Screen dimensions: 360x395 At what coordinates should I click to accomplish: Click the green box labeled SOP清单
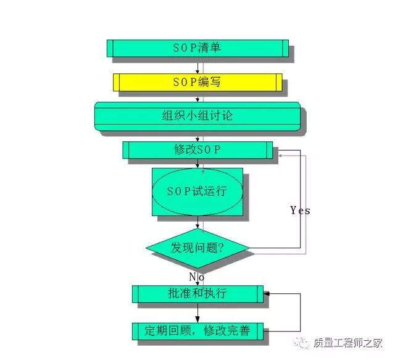point(197,49)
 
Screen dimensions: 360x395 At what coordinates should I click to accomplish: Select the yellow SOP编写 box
point(197,82)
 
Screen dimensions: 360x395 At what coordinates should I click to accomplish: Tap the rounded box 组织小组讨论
point(197,116)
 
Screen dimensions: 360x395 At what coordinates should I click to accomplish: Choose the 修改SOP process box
point(197,150)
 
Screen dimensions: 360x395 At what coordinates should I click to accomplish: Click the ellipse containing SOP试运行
point(197,191)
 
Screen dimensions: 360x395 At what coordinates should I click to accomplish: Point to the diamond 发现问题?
point(197,249)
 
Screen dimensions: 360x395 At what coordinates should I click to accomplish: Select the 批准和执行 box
point(197,294)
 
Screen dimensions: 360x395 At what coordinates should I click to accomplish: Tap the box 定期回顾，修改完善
point(197,331)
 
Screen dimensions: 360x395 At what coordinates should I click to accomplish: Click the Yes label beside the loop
point(300,211)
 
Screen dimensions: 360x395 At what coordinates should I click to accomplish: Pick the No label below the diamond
point(196,277)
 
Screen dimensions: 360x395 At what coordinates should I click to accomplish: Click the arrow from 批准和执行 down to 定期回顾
point(197,313)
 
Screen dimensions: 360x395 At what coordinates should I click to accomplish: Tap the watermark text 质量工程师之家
point(357,343)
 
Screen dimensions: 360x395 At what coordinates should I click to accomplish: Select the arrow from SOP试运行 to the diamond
point(197,224)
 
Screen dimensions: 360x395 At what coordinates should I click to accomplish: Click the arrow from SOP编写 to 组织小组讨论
point(197,96)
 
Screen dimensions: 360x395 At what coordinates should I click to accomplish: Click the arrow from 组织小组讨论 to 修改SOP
point(197,137)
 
